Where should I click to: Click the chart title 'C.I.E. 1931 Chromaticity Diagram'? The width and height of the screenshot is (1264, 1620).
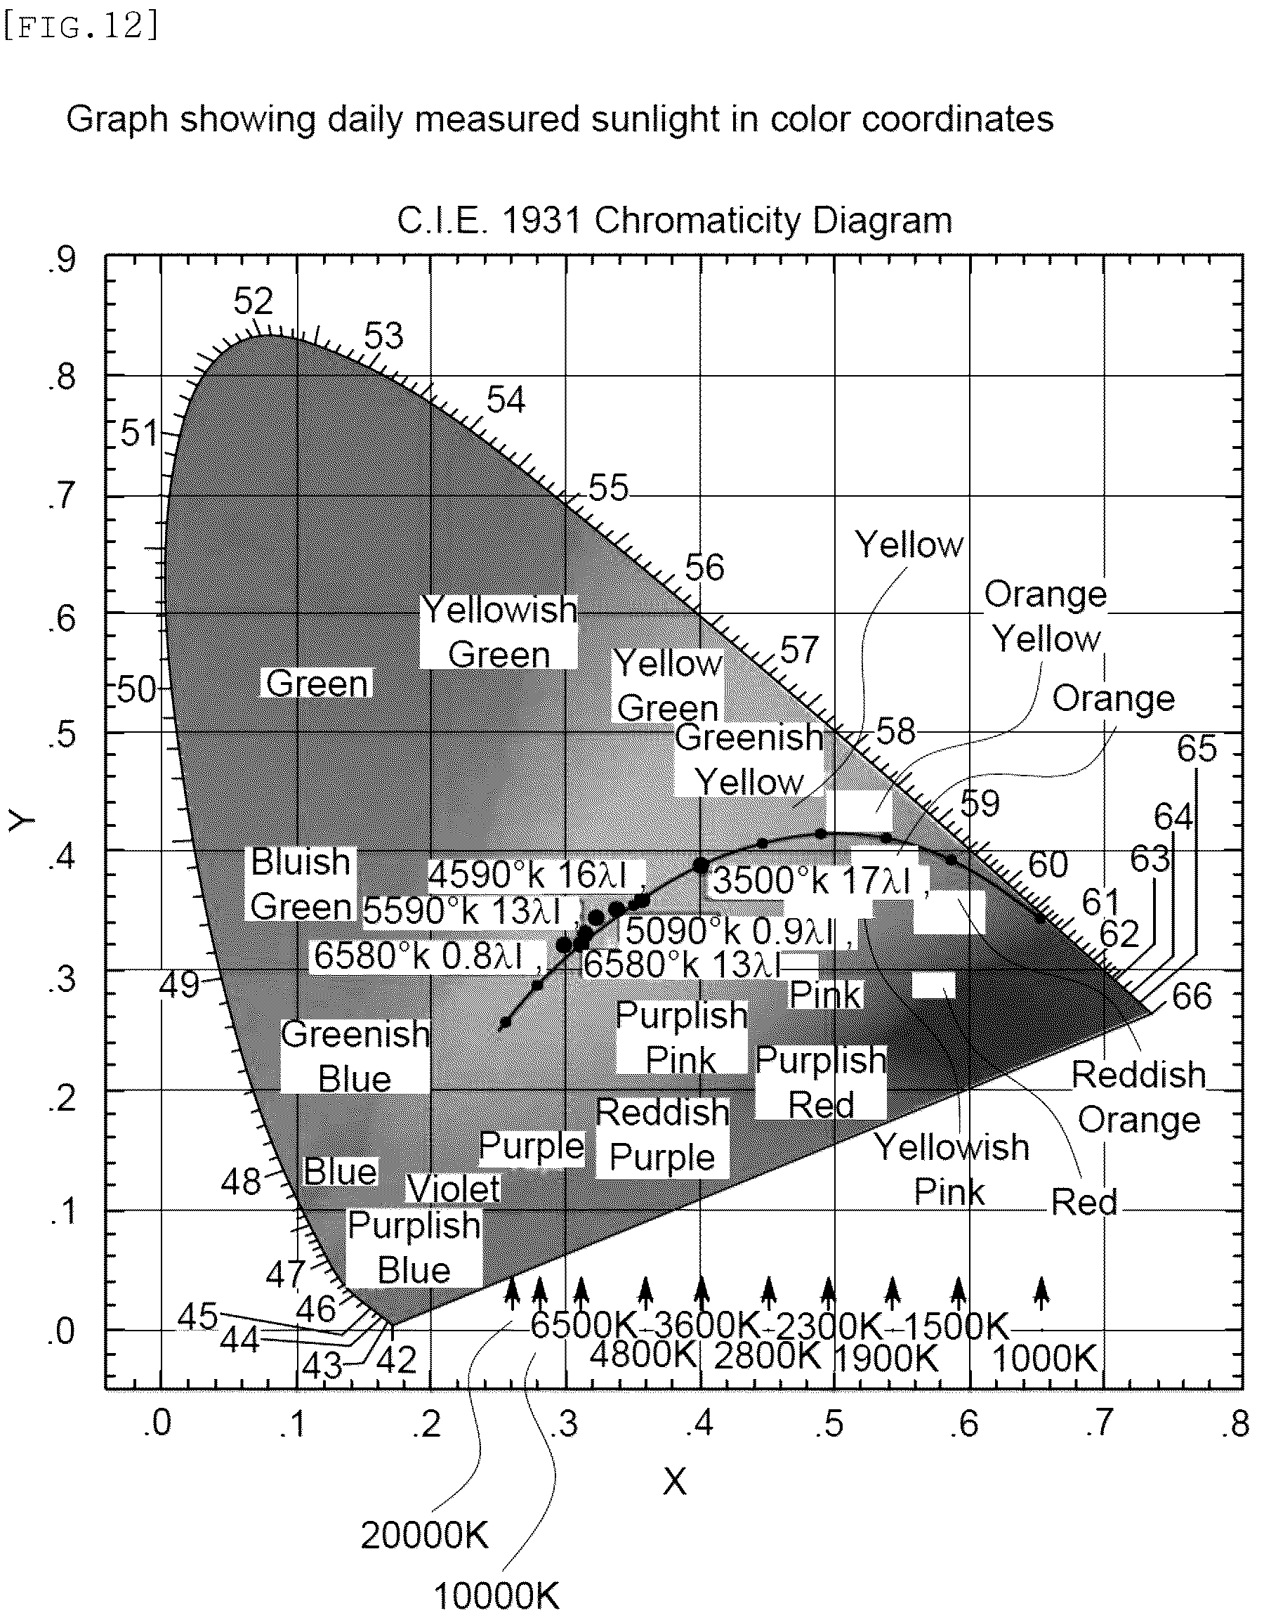(675, 221)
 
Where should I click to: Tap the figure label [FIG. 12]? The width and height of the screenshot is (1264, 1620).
(81, 27)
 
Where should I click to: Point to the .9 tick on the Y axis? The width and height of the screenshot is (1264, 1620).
(62, 261)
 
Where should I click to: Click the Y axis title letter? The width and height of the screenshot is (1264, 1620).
(22, 821)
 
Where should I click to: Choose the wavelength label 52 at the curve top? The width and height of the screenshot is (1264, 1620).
(254, 302)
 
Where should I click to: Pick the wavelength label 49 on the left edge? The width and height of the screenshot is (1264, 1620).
(181, 986)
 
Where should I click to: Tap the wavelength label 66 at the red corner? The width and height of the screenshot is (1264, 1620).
(1192, 996)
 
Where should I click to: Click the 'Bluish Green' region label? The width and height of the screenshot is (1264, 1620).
(301, 884)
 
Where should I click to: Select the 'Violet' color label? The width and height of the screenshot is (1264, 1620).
(454, 1189)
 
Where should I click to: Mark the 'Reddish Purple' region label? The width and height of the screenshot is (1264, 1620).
(663, 1135)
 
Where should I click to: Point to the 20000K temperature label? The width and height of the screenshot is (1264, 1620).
(425, 1536)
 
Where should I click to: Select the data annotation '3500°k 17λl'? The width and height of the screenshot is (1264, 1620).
(812, 881)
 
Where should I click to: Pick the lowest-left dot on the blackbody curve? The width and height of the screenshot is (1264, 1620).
(506, 1023)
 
